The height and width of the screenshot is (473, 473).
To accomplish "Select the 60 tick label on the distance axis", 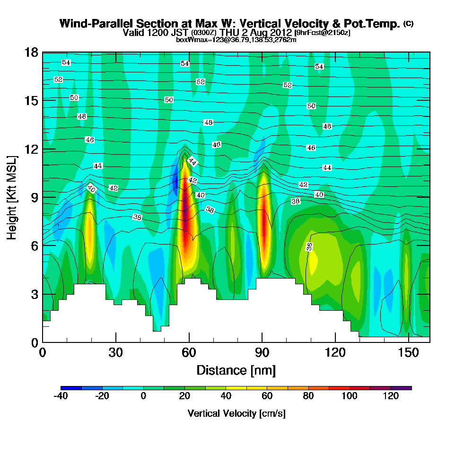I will tap(189, 353).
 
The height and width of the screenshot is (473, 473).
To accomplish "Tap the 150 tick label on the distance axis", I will tap(408, 353).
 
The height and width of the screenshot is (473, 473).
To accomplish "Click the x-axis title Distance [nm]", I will tap(236, 370).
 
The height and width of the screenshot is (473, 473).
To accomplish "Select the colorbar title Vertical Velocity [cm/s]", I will tap(236, 413).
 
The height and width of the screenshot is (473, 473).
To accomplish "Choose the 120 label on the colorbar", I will tap(391, 396).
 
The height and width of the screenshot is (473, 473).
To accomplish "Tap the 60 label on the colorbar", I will tap(267, 396).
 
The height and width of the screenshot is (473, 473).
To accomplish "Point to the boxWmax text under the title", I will tap(236, 40).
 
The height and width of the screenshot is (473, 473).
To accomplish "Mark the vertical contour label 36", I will tap(309, 246).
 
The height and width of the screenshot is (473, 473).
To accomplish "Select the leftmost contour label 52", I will tap(58, 79).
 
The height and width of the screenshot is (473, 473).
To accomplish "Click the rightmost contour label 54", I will tap(319, 67).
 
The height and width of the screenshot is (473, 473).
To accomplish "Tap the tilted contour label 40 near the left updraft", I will tap(91, 189).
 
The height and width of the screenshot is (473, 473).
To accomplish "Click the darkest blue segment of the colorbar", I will tap(71, 388).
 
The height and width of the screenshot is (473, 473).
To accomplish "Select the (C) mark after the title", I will tap(408, 24).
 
